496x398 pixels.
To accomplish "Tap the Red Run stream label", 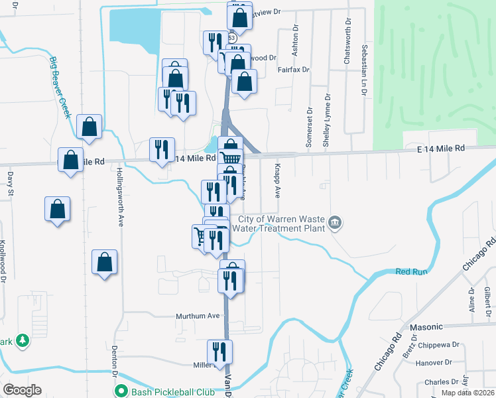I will click(x=409, y=271).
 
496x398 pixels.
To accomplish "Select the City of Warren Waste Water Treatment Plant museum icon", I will click(x=336, y=222).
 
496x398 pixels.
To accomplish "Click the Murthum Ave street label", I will click(x=197, y=316).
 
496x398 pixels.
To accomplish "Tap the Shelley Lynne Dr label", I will click(x=326, y=120).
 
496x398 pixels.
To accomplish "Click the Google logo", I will click(x=22, y=390).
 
